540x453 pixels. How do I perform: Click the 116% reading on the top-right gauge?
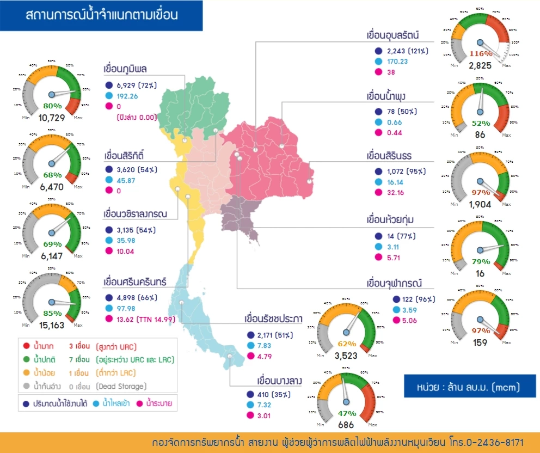click(x=480, y=54)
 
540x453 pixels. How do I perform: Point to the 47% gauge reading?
click(x=347, y=414)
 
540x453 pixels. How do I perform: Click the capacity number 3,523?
click(x=347, y=357)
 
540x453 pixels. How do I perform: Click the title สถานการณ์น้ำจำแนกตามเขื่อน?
click(x=101, y=15)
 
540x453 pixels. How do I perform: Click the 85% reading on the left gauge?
click(x=52, y=313)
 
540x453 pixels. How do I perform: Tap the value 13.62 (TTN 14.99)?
click(x=146, y=319)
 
